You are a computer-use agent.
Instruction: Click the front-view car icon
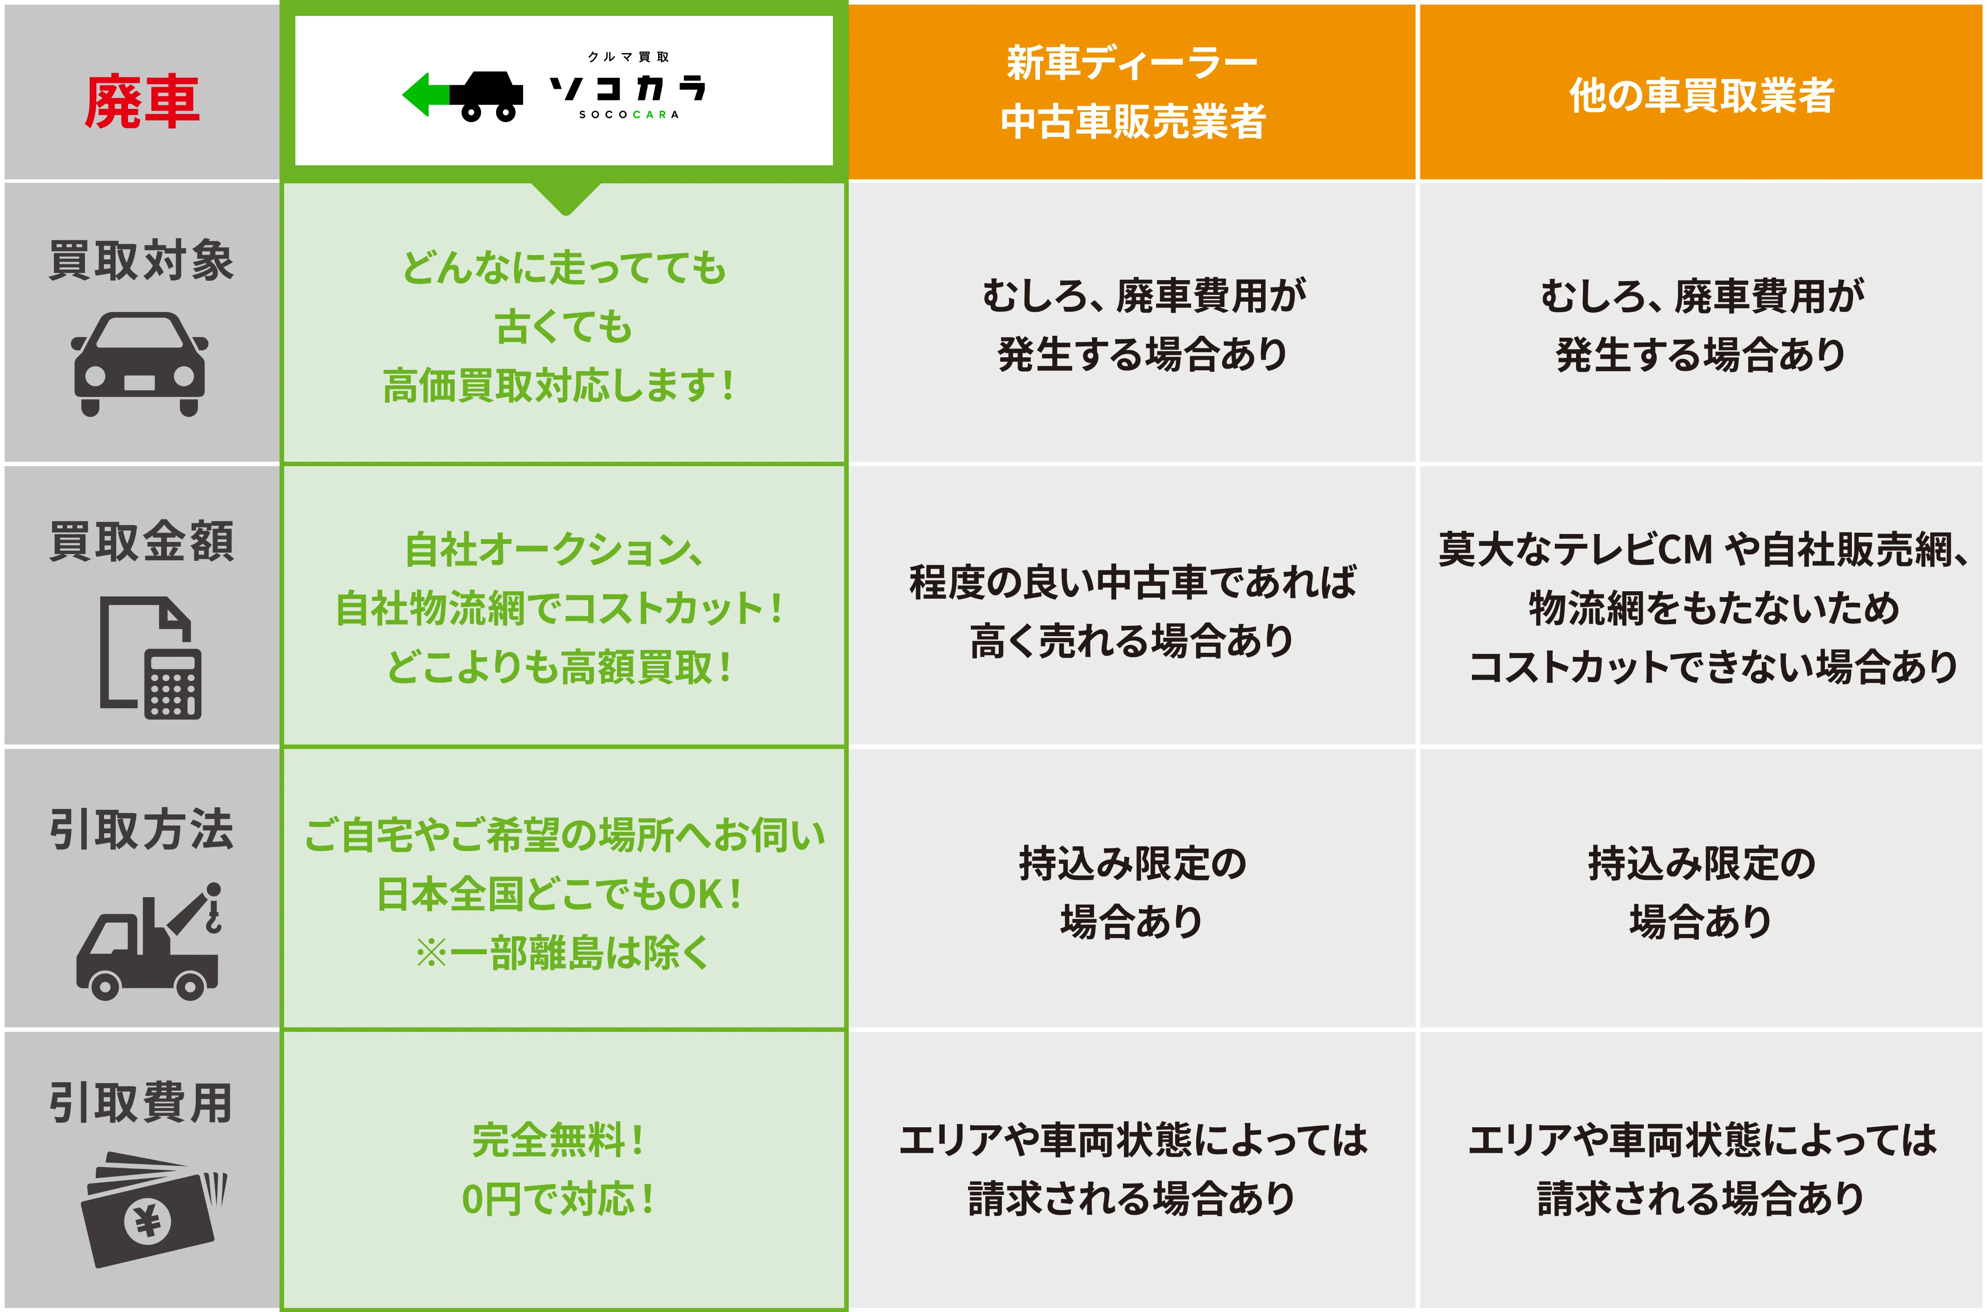click(140, 364)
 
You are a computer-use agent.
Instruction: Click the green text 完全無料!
click(558, 1140)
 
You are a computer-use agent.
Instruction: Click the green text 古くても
click(564, 326)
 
